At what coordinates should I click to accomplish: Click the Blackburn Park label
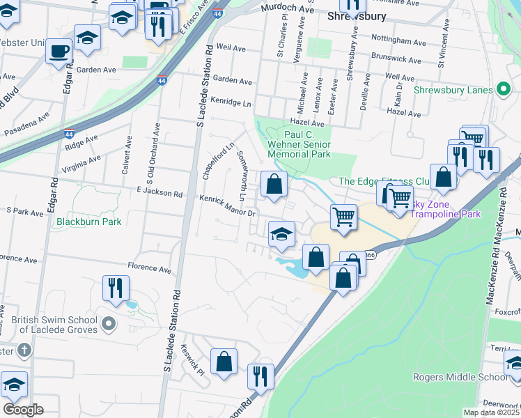click(89, 222)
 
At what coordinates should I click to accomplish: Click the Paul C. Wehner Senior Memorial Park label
click(307, 144)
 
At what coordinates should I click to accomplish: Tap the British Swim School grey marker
click(108, 323)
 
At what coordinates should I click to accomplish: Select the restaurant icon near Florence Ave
click(115, 286)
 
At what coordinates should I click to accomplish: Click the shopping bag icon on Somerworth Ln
click(274, 185)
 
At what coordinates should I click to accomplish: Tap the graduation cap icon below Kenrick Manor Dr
click(281, 233)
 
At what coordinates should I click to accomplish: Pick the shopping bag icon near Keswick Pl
click(224, 362)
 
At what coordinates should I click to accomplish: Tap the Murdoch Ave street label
click(287, 8)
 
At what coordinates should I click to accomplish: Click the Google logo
click(23, 409)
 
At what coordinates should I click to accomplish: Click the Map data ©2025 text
click(490, 412)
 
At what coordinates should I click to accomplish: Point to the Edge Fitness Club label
click(384, 181)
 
